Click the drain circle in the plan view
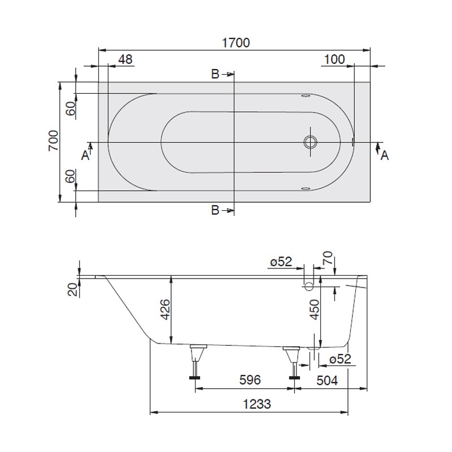(x=310, y=142)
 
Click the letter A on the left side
(x=85, y=155)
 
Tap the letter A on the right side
(x=384, y=155)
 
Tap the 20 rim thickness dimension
(x=72, y=290)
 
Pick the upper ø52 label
(x=281, y=262)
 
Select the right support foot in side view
(x=293, y=362)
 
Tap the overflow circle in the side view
(x=309, y=286)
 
